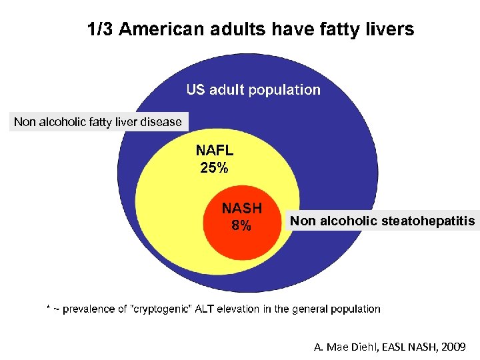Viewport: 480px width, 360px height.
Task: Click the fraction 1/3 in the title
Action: (101, 30)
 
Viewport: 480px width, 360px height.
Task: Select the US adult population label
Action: (253, 89)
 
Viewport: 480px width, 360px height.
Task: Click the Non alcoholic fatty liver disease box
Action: (98, 122)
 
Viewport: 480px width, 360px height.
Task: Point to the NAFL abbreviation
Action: (214, 151)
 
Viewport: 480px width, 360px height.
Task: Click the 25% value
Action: (214, 168)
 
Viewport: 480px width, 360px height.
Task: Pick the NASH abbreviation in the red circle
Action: (242, 208)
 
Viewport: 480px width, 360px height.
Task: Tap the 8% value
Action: (241, 225)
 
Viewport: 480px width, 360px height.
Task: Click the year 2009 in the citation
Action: (453, 347)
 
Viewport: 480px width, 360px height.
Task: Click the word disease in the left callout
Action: (161, 122)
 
